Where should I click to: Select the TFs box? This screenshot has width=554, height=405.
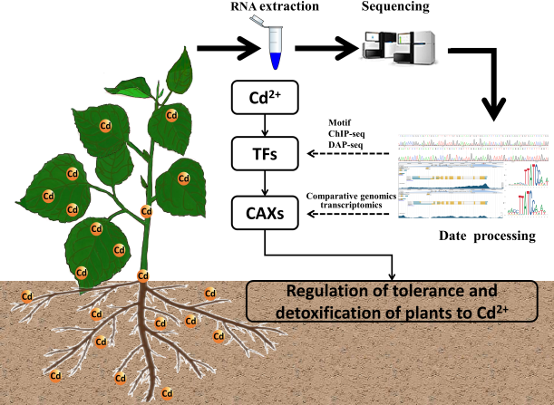tap(264, 156)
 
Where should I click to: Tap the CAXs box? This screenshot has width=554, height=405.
tap(264, 214)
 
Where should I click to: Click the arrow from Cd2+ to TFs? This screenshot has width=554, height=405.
tap(264, 125)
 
